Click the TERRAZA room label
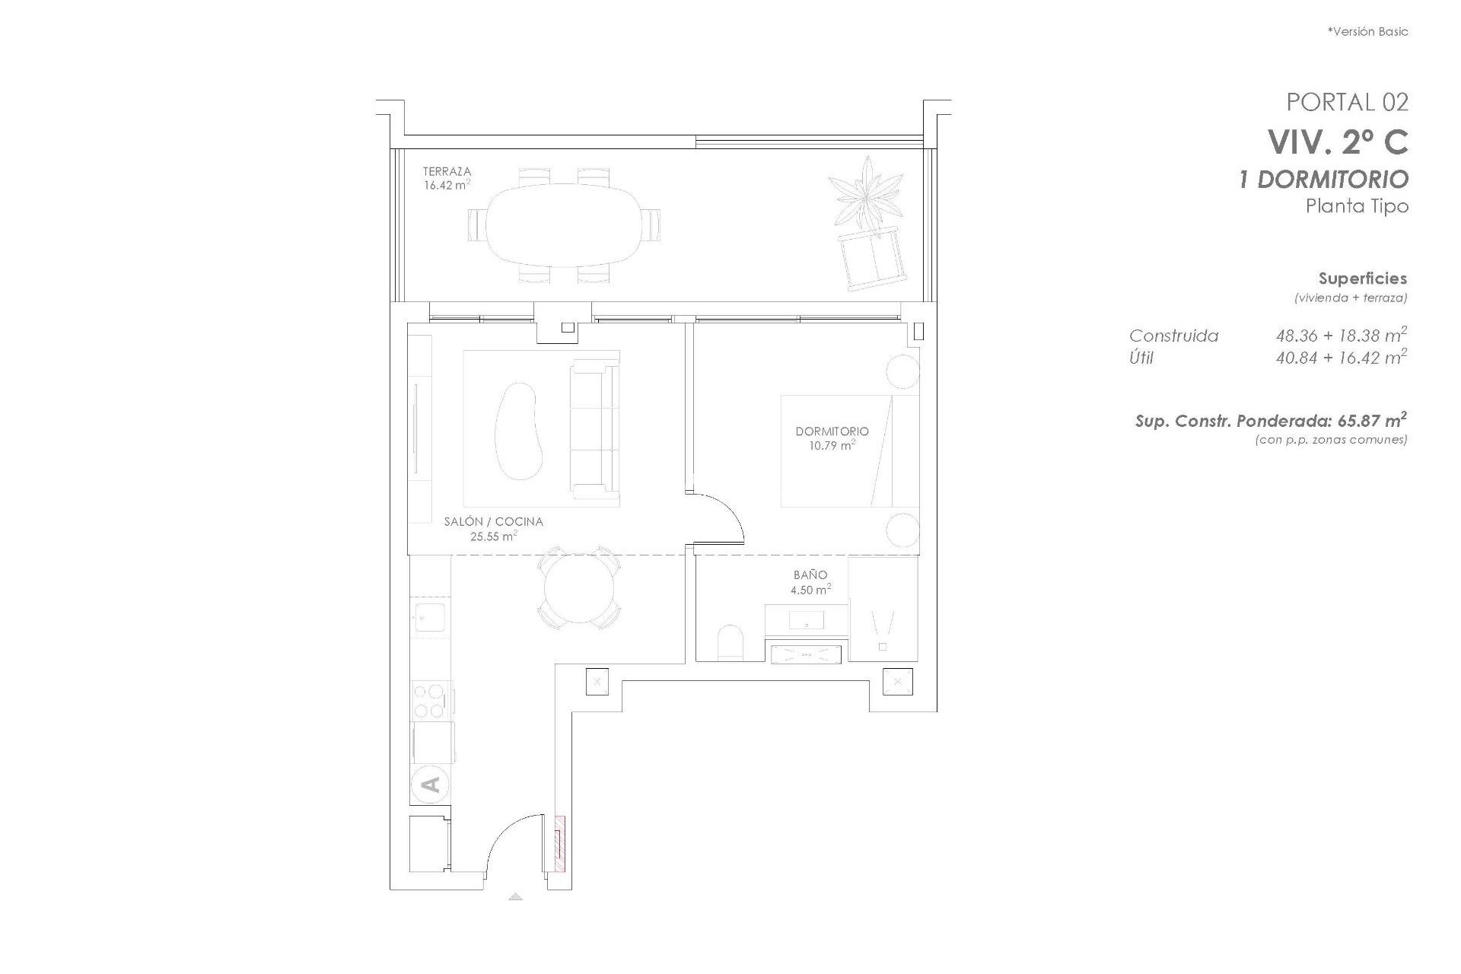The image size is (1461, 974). click(x=447, y=172)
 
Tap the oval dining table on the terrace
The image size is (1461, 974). click(x=563, y=224)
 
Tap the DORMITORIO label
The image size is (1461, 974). click(x=831, y=431)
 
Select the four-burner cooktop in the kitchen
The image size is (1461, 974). click(x=430, y=701)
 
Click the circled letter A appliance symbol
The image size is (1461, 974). click(x=429, y=785)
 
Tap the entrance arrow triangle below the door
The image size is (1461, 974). click(x=515, y=896)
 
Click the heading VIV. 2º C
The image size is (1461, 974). click(x=1337, y=142)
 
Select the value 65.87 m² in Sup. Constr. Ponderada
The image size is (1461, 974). click(x=1370, y=420)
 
